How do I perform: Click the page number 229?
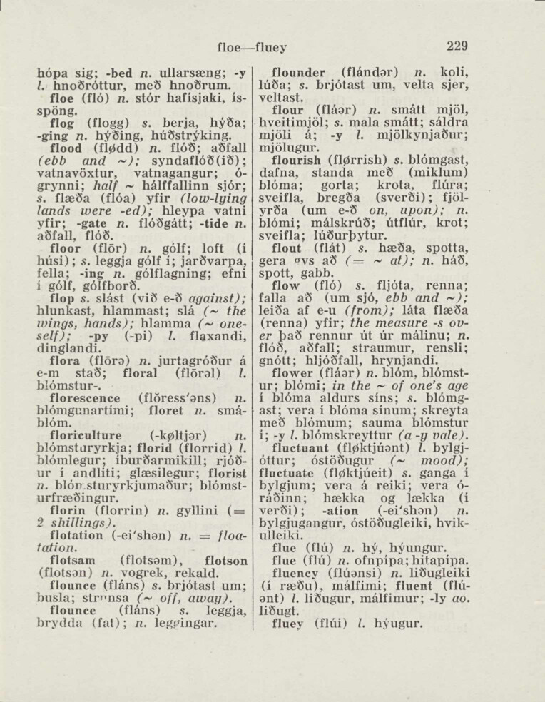457,46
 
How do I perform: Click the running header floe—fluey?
251,48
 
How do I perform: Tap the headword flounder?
302,72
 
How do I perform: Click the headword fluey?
288,623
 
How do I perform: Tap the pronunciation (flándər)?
371,72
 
